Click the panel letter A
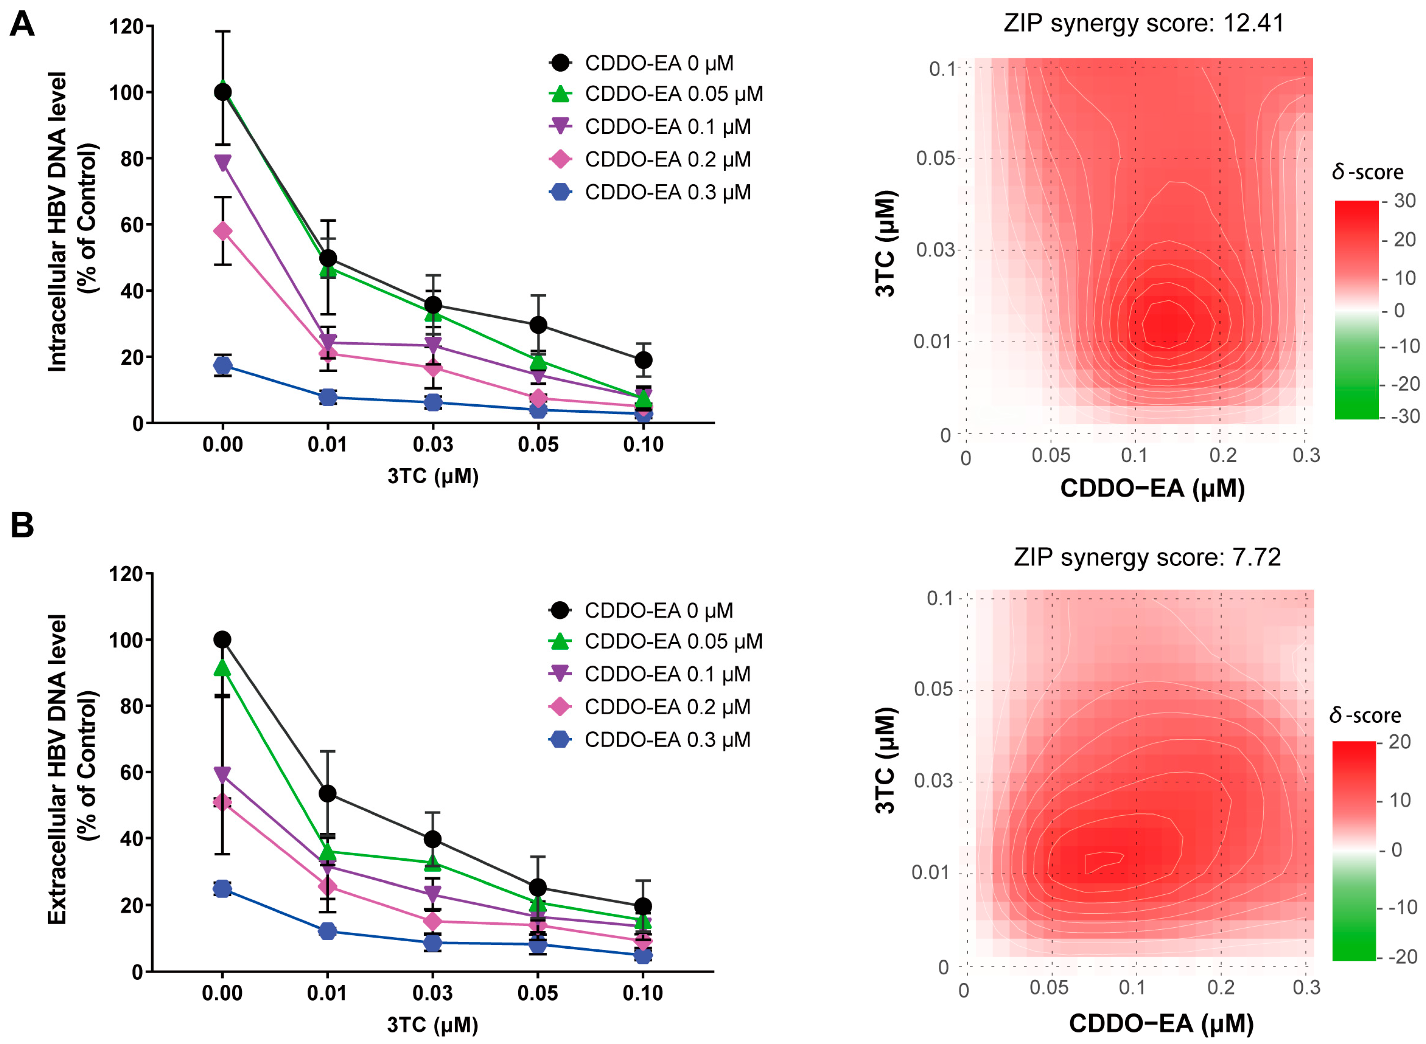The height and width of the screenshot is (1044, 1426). [x=23, y=25]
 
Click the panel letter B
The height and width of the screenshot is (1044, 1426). [x=23, y=525]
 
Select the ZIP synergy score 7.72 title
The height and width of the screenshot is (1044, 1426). [x=1147, y=557]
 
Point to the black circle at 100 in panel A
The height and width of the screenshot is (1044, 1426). [x=222, y=92]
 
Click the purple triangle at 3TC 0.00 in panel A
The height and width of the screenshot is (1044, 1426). [x=222, y=163]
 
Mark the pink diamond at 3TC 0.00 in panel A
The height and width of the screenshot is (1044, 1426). [x=222, y=231]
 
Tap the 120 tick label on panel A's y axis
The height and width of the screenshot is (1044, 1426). [x=126, y=26]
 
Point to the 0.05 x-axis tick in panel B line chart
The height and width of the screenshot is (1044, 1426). [x=537, y=993]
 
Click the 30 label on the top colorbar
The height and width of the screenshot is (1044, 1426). [x=1405, y=201]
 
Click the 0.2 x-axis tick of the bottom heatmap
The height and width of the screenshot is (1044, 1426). [x=1221, y=987]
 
